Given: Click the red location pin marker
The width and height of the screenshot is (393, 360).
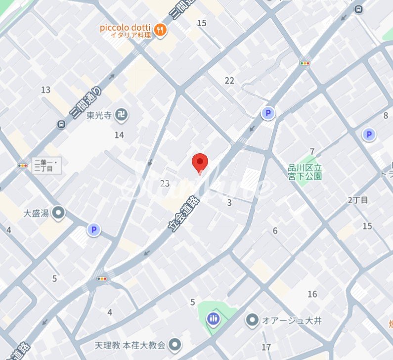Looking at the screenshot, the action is [x=200, y=162].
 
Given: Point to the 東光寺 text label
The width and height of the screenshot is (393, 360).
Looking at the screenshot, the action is [x=98, y=116].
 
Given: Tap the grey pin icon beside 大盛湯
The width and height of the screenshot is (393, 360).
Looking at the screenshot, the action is [x=59, y=213].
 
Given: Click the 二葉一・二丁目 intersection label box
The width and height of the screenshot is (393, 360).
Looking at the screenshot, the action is [x=46, y=166].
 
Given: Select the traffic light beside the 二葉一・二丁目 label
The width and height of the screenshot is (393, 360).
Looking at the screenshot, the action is [x=22, y=165].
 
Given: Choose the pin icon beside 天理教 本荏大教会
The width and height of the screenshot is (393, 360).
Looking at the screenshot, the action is [x=174, y=344].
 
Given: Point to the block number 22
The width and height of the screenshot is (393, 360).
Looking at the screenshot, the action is [x=229, y=81].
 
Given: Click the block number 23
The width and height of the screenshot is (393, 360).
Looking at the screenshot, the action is [x=165, y=183].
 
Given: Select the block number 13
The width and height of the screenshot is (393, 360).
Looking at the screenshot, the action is [x=46, y=90].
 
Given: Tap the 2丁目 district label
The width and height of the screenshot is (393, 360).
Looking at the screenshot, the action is [x=358, y=200].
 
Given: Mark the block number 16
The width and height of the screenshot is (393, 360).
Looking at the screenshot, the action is [x=312, y=294].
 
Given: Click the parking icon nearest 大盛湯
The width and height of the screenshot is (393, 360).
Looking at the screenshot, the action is [x=93, y=229].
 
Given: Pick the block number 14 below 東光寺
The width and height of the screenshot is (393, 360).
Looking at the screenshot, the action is [x=119, y=135].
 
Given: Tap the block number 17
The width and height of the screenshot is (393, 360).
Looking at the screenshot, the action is [x=266, y=347].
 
